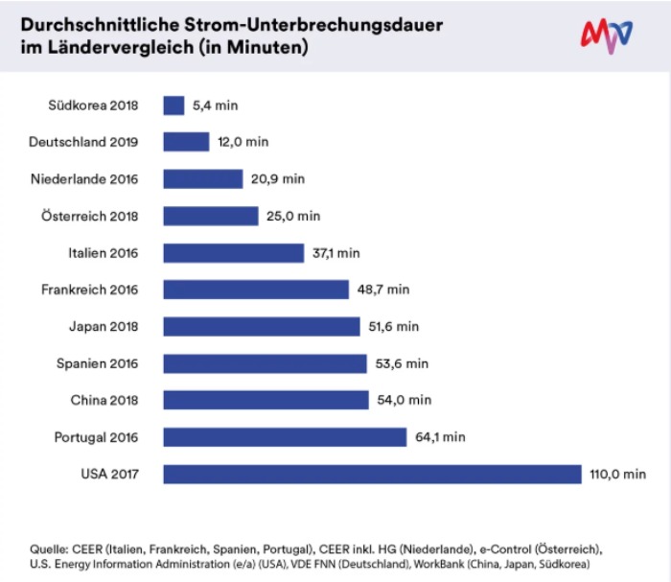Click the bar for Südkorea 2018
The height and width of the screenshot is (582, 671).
click(174, 105)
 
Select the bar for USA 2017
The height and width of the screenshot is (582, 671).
click(372, 474)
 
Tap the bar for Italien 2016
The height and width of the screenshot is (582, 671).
click(233, 253)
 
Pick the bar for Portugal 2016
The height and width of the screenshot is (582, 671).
click(285, 437)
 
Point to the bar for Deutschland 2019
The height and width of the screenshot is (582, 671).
click(186, 142)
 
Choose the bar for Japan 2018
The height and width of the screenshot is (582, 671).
click(261, 327)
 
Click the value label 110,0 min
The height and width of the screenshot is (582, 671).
click(618, 474)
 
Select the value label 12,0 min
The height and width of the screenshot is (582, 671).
click(243, 142)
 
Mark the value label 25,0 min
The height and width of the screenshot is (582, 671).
click(293, 216)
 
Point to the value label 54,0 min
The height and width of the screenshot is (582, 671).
click(405, 400)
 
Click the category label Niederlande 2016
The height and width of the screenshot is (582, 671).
click(84, 179)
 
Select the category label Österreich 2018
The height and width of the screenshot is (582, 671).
click(89, 216)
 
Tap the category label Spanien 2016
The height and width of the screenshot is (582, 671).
click(98, 363)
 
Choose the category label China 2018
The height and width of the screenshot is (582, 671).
click(104, 400)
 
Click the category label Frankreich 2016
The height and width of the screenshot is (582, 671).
click(90, 290)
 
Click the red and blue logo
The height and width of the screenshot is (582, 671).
click(607, 35)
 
